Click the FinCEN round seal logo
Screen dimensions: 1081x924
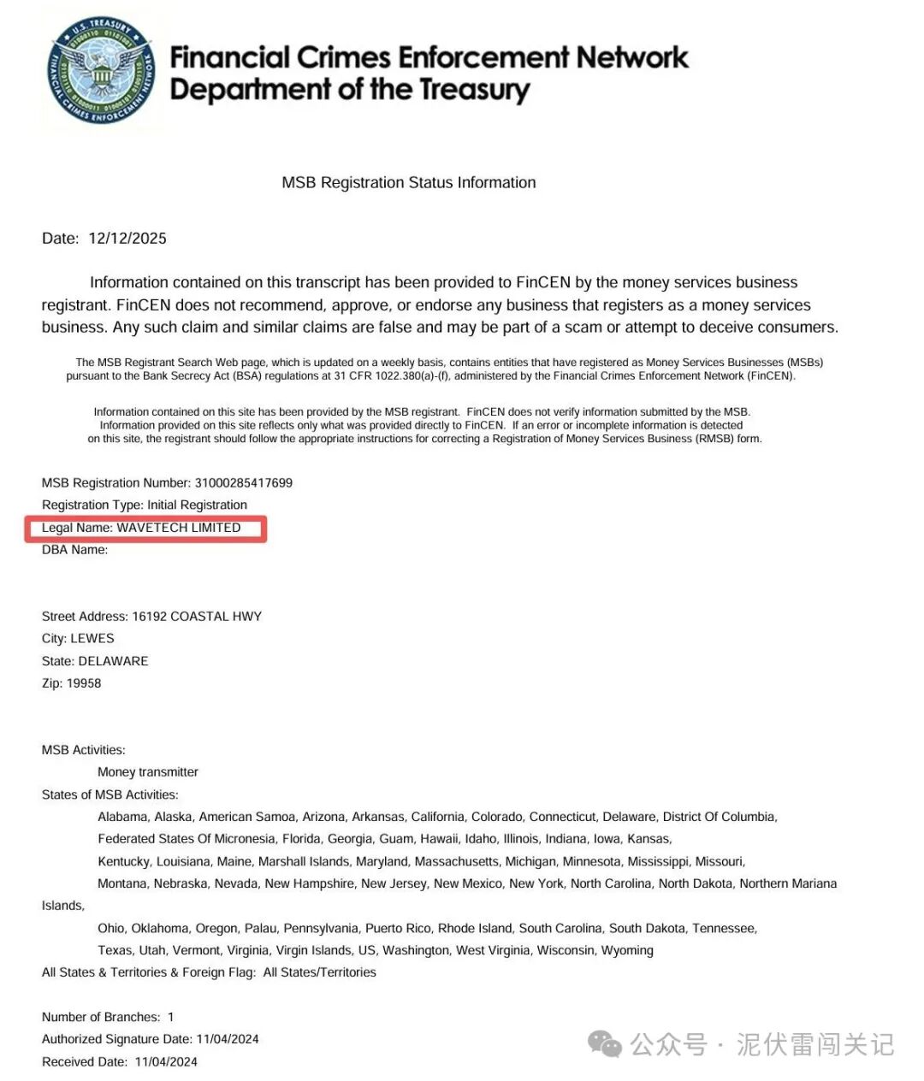101,70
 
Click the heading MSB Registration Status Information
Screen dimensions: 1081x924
409,182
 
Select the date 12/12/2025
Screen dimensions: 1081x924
127,239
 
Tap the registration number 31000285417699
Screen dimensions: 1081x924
243,483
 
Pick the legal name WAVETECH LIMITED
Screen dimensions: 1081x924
178,528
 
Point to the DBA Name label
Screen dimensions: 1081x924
74,550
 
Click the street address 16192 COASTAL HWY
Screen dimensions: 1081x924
197,617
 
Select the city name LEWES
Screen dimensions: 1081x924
92,639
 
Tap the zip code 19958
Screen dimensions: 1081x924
86,683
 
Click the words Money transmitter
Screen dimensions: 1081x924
148,772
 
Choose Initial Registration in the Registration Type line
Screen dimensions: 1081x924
197,505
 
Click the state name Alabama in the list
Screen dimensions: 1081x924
122,817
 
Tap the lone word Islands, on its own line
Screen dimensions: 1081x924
63,906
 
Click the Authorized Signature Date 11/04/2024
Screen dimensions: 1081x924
228,1039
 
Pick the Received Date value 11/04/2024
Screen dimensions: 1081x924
166,1062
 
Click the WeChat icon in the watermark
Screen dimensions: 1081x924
605,1044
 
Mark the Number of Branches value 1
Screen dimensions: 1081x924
171,1017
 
